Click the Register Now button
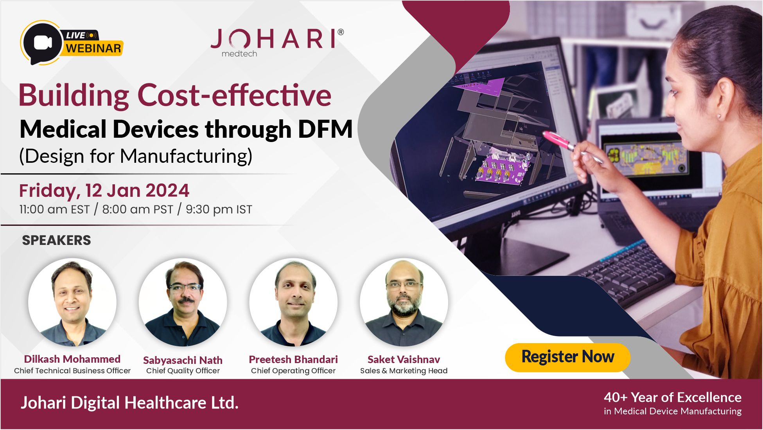coord(567,357)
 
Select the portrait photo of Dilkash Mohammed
coord(72,302)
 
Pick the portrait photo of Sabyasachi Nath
coord(183,302)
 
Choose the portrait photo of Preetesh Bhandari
coord(293,302)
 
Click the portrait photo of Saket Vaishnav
coord(404,302)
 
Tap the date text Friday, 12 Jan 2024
coord(104,191)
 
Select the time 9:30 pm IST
coord(219,210)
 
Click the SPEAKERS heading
coord(56,240)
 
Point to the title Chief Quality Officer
coord(183,371)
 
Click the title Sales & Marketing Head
coord(404,371)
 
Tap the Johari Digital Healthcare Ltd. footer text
coord(129,403)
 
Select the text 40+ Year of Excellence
coord(673,398)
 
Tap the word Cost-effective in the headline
coord(234,95)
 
